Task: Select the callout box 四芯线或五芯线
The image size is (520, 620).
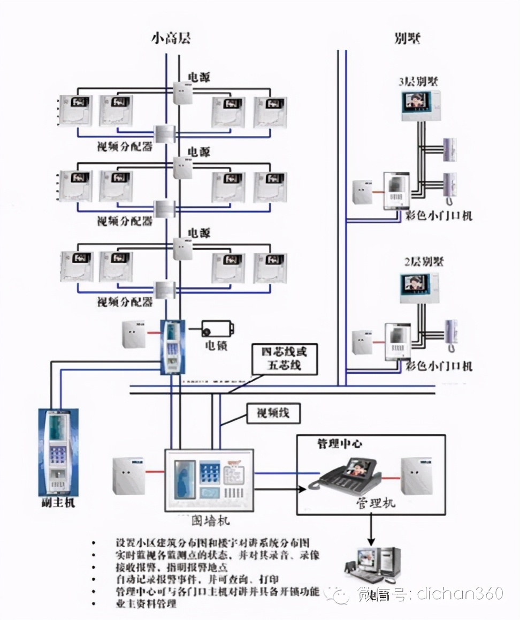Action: (285, 359)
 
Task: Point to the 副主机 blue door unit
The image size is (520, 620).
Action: (57, 452)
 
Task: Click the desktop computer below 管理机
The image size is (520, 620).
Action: (371, 565)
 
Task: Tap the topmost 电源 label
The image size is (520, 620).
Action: (198, 77)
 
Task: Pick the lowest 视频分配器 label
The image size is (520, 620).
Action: (125, 302)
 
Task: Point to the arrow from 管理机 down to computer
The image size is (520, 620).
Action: (369, 531)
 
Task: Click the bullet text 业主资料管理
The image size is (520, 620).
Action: (146, 603)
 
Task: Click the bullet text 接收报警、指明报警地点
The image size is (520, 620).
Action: (171, 568)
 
